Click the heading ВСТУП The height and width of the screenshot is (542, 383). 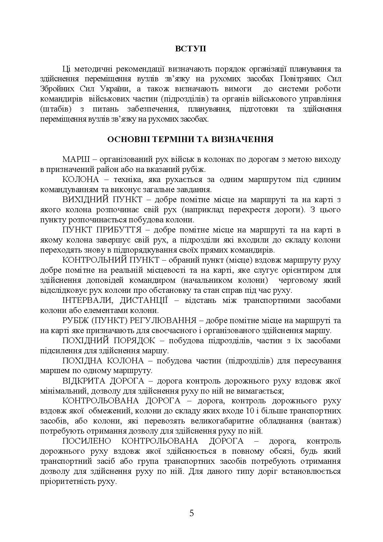pos(191,49)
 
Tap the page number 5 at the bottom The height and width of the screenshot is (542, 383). pos(191,513)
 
